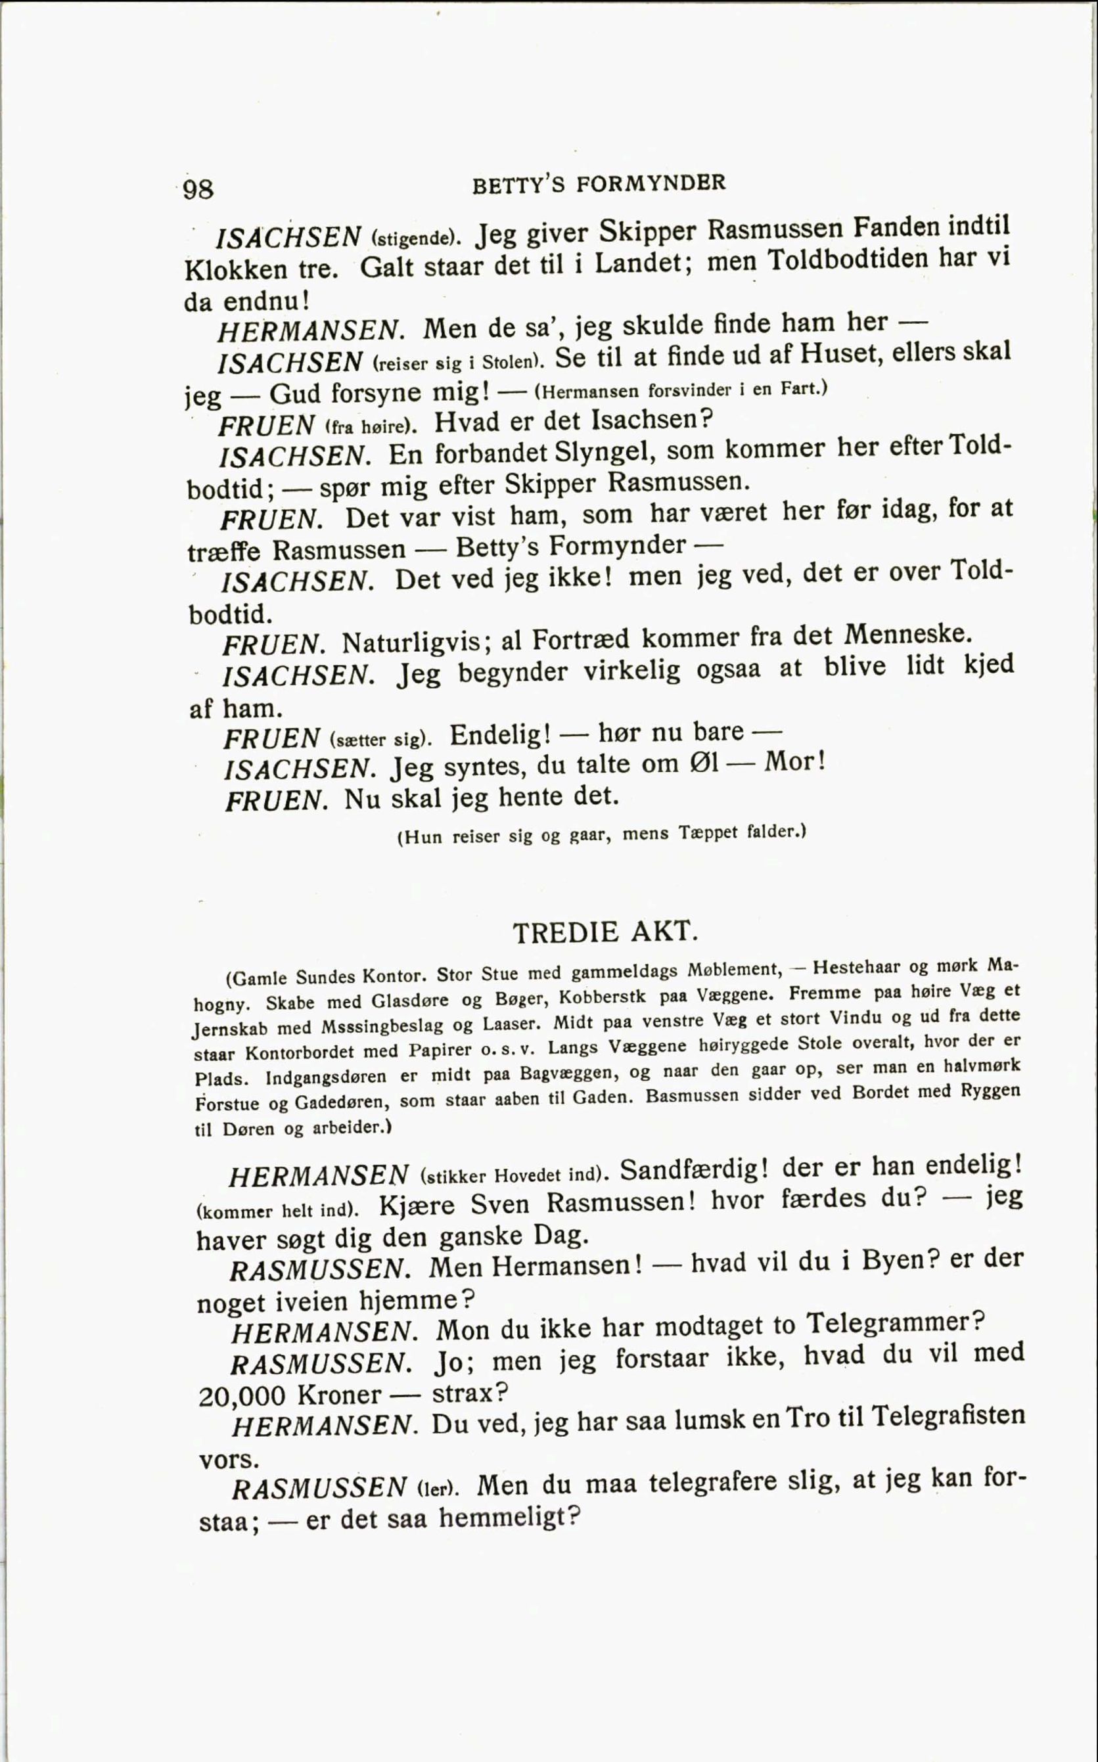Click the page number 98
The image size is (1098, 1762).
pos(198,189)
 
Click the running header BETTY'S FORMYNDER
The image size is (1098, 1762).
pos(599,185)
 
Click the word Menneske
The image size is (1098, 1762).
pos(906,635)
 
